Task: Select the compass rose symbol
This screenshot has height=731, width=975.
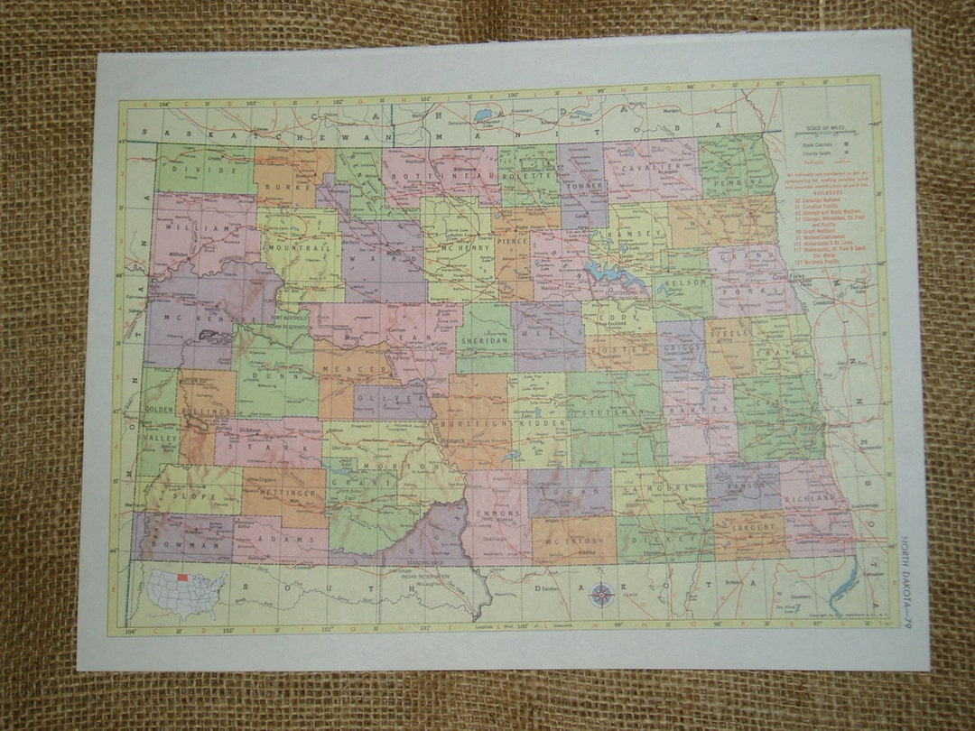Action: [x=599, y=594]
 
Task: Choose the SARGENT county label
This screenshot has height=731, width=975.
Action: [x=749, y=524]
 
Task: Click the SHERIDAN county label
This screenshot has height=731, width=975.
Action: [x=482, y=342]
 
